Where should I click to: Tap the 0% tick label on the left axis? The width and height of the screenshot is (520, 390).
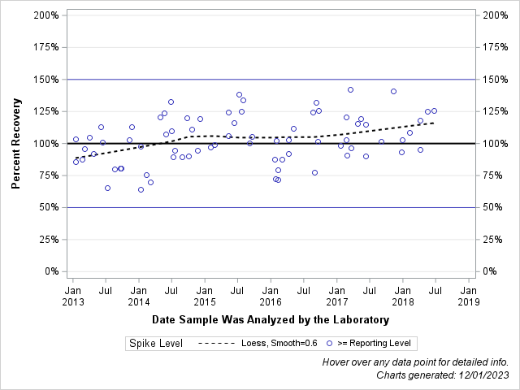49,271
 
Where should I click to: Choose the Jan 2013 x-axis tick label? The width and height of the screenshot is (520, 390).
72,295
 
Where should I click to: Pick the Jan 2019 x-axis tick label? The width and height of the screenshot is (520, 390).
468,295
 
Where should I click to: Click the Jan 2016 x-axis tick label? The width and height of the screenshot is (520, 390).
271,295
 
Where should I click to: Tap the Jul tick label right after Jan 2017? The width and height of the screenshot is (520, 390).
369,289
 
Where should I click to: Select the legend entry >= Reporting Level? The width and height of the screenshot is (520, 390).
375,344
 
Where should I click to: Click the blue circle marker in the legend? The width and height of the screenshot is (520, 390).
329,344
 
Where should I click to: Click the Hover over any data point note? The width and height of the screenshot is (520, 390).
415,362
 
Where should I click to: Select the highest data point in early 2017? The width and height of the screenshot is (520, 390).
350,89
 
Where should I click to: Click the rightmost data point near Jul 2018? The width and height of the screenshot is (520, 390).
434,110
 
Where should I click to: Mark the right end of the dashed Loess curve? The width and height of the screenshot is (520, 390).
435,123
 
